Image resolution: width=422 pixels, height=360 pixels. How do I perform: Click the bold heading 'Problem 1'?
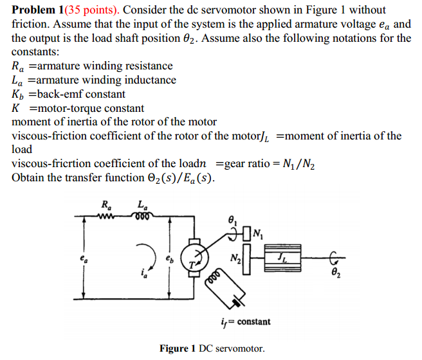tap(39, 10)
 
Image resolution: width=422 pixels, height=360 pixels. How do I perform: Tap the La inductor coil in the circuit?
tap(142, 216)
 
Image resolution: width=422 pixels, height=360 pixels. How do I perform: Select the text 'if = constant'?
tap(246, 321)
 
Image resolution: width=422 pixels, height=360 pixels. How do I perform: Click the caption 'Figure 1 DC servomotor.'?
tap(212, 348)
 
